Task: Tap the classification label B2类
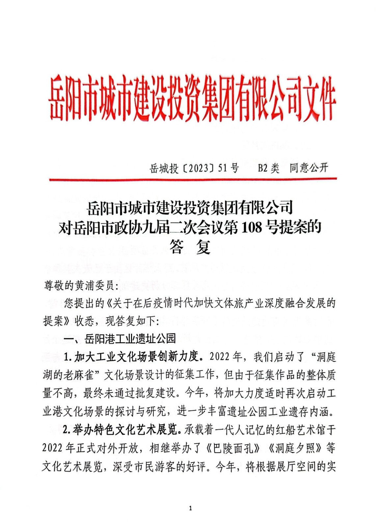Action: tap(268, 168)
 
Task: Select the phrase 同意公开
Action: tap(309, 168)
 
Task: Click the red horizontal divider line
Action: tap(193, 179)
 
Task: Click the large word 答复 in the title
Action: tap(190, 247)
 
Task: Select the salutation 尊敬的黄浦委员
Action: tap(79, 285)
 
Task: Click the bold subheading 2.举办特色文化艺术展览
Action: tap(122, 430)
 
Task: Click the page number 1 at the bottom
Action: tap(190, 508)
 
